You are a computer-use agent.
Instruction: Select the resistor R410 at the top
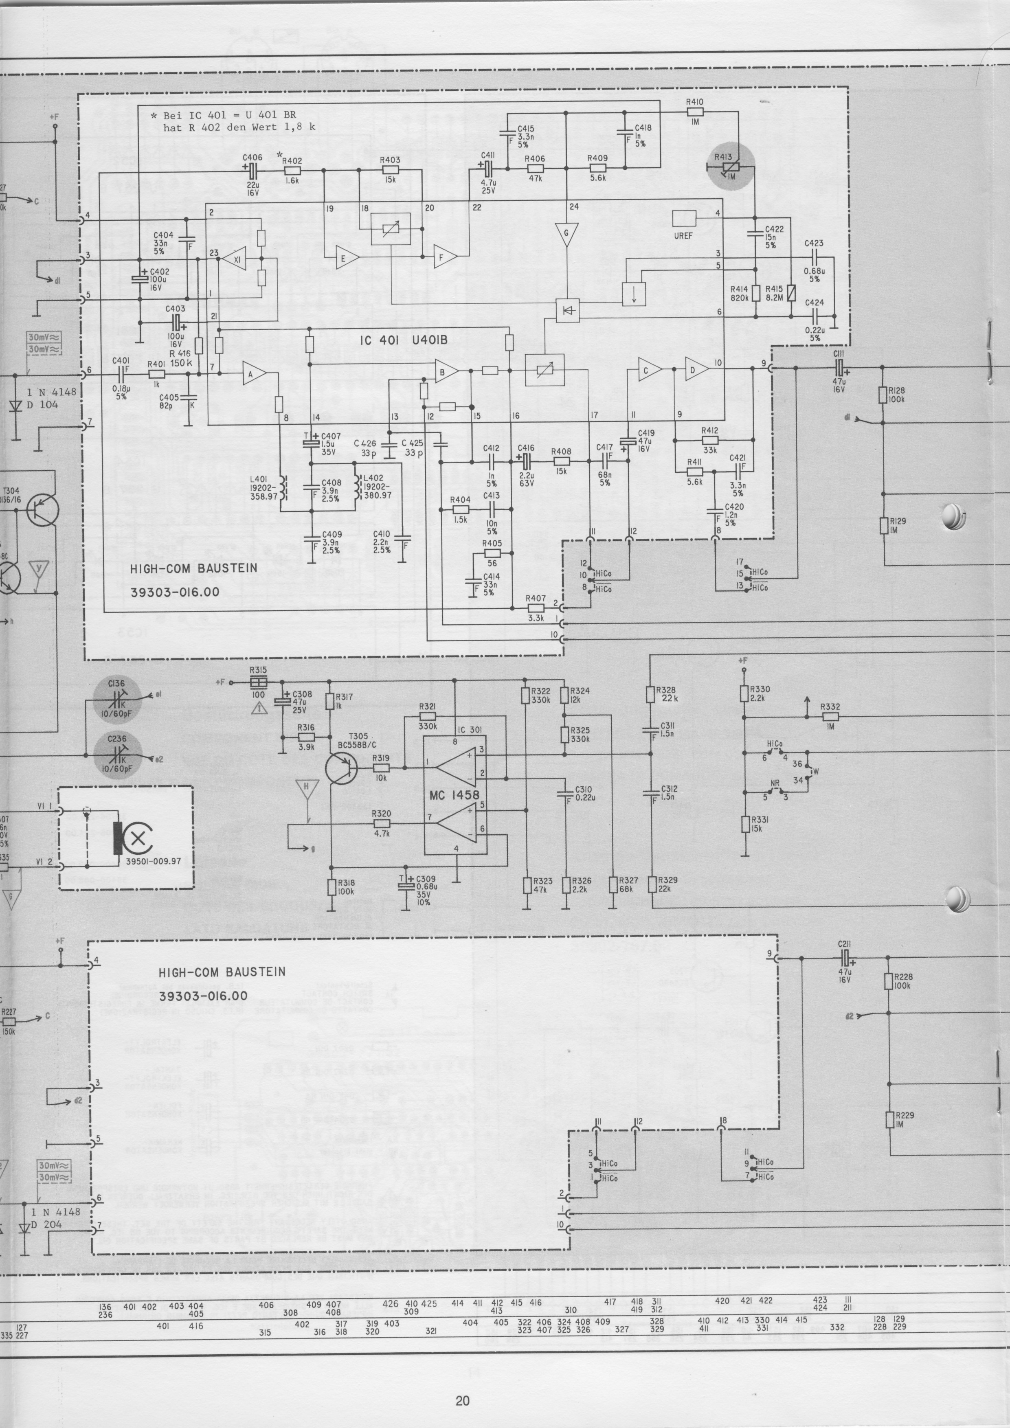click(695, 112)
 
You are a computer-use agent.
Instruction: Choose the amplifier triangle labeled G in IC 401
click(566, 235)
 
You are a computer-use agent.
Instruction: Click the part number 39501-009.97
click(153, 862)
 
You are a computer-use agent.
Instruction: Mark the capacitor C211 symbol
click(843, 959)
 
